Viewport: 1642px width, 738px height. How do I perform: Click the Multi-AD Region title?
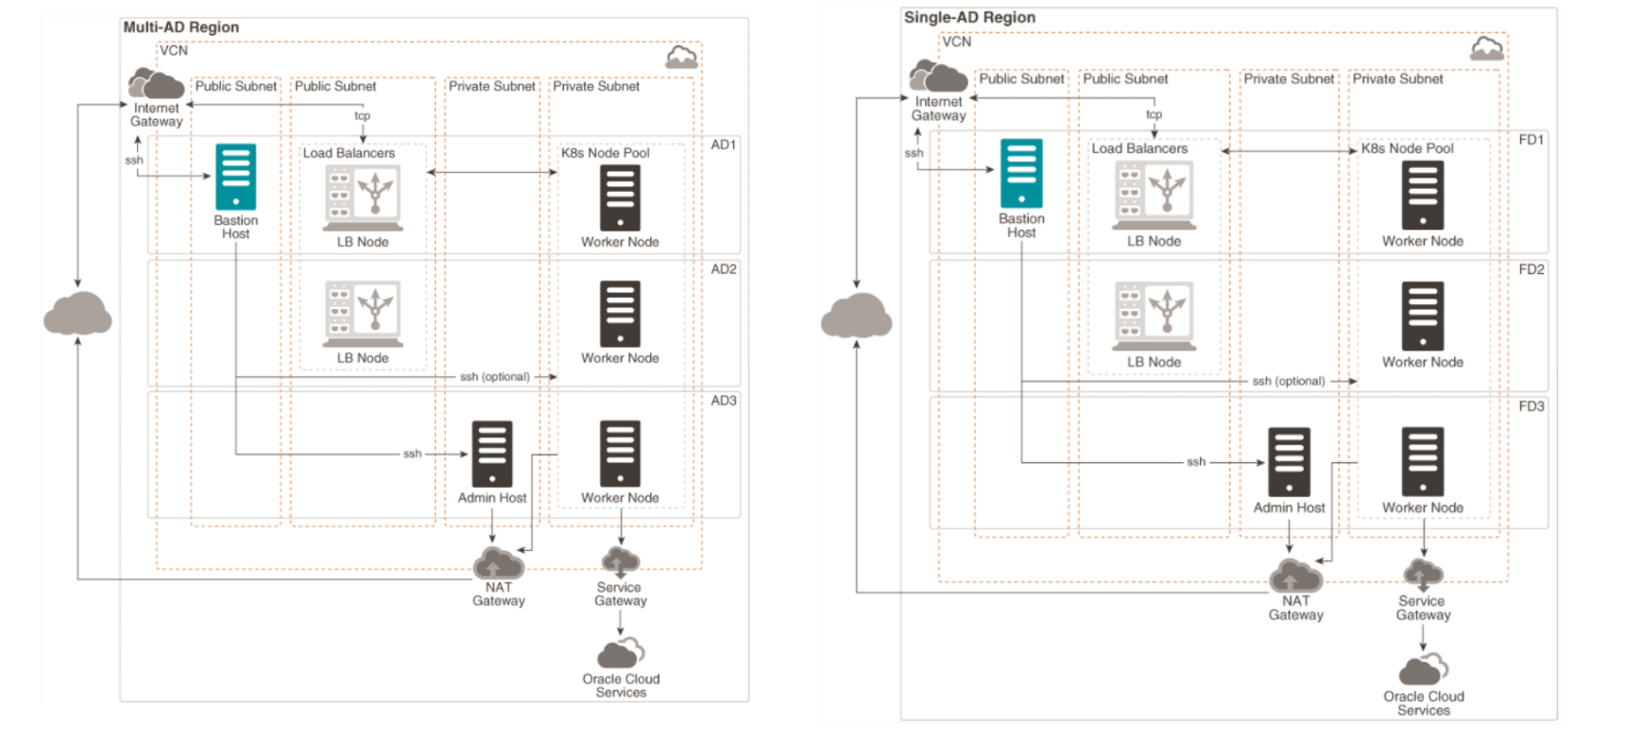(180, 27)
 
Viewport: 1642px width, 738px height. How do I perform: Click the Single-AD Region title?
(969, 17)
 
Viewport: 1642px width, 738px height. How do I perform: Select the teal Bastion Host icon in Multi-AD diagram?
(235, 177)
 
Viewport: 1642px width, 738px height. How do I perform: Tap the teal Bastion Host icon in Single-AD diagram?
(1021, 173)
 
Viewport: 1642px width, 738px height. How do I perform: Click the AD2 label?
(724, 269)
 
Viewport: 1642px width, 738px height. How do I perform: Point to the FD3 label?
(1531, 406)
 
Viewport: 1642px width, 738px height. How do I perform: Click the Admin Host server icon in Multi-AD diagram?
(492, 454)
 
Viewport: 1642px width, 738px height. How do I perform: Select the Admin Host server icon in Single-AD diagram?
(1289, 461)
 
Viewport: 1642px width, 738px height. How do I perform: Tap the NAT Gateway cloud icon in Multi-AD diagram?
(498, 563)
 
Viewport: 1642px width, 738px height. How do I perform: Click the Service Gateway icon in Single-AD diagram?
(1423, 574)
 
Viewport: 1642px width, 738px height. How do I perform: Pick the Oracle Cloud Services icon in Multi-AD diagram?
(621, 653)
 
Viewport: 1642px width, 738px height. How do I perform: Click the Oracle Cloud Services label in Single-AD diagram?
(1424, 703)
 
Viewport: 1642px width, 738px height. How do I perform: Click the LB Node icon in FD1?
(1155, 195)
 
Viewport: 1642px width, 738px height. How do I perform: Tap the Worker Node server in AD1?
(620, 197)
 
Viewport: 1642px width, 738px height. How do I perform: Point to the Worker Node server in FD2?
(1423, 316)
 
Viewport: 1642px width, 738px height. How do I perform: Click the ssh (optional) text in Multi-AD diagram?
(494, 377)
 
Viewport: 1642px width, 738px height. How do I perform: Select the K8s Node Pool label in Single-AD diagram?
(1407, 148)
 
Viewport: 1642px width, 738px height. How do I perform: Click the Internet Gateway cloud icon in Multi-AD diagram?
(157, 84)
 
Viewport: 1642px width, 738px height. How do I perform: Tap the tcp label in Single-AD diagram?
(1154, 114)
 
